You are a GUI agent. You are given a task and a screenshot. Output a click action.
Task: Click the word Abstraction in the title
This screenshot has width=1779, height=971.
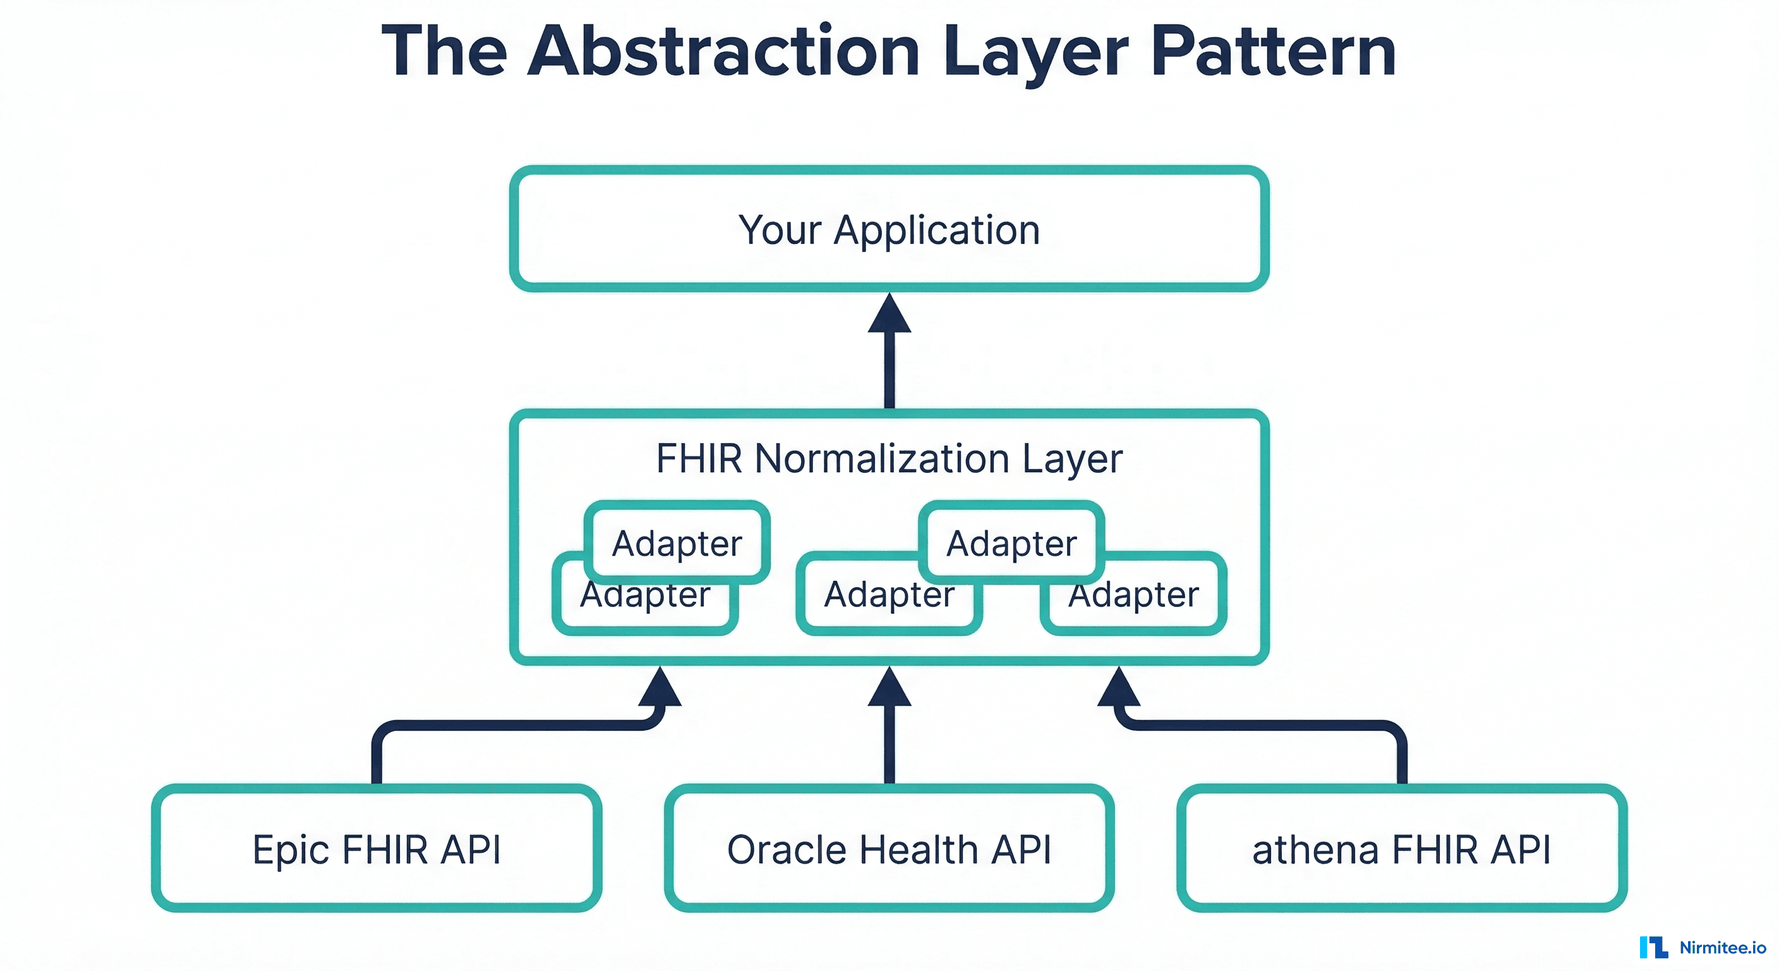pos(723,51)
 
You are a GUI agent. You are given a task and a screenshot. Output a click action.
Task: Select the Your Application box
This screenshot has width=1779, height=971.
pos(889,229)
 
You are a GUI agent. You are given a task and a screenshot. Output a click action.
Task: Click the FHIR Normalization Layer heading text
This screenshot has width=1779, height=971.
pos(889,458)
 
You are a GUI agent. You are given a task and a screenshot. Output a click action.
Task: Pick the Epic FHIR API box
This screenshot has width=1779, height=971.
pos(377,848)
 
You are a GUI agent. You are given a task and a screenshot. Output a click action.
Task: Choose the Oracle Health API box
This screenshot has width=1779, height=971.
pos(889,848)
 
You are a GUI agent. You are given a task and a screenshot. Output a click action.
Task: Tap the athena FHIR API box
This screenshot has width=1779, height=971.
pos(1401,848)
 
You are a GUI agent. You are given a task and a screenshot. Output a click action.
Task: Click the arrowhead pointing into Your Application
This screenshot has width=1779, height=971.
pos(889,314)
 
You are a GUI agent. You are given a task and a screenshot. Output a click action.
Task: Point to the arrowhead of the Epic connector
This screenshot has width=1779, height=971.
pos(660,688)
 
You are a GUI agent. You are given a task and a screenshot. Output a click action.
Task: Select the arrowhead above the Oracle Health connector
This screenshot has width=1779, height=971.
pos(889,688)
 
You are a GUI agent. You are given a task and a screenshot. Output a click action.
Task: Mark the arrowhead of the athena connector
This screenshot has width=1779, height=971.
pos(1119,688)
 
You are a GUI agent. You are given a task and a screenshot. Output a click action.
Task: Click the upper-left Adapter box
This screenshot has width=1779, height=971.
pos(677,542)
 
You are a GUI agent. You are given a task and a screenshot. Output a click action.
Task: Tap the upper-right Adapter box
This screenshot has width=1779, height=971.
pos(1011,542)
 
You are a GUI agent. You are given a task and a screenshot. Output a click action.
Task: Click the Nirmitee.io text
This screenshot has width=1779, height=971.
pos(1722,948)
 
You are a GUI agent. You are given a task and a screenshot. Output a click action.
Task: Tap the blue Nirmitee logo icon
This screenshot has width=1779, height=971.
pos(1653,948)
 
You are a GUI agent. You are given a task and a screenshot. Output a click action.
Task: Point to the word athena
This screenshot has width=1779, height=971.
pos(1315,850)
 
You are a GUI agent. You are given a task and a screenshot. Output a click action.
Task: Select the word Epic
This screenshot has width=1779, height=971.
pos(291,850)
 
